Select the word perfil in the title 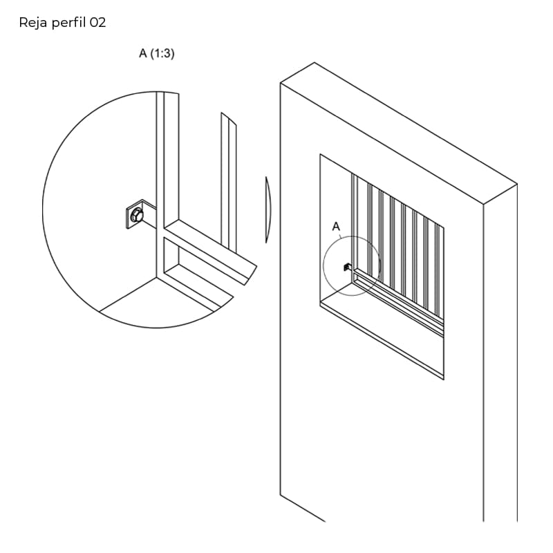coord(68,24)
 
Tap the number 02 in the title coord(97,23)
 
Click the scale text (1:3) coord(162,53)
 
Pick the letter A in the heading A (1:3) coord(143,53)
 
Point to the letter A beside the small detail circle coord(336,227)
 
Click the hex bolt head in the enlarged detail coord(136,215)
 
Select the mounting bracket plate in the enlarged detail coord(140,214)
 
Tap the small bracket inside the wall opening coord(347,267)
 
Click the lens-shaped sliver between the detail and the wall coord(268,210)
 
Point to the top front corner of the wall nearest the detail coord(281,83)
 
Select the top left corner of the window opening coord(320,154)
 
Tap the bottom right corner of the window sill coord(444,379)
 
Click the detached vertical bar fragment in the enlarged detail coord(229,182)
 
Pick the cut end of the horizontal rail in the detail coord(251,275)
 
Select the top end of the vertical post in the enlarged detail coord(167,93)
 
